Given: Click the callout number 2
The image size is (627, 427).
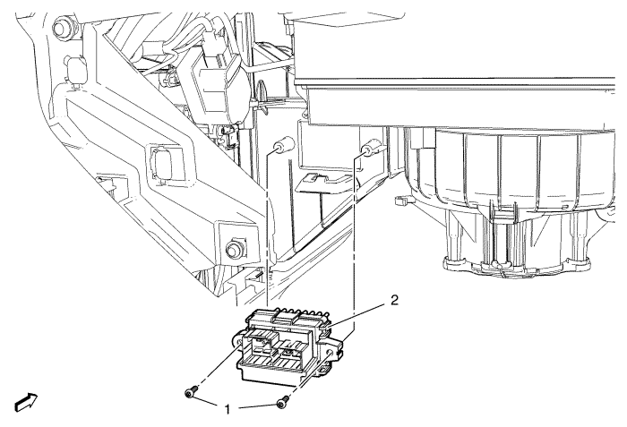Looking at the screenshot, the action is [394, 300].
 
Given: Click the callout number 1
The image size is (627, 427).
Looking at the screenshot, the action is [228, 410].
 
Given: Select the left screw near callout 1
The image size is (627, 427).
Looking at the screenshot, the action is [192, 392].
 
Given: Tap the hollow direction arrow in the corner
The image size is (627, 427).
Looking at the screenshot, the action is [26, 402].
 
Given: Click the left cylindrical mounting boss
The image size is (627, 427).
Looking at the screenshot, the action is [282, 146].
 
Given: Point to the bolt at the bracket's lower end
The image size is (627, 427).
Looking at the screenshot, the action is [235, 248].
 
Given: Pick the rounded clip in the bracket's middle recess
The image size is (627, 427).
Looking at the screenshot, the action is [160, 163].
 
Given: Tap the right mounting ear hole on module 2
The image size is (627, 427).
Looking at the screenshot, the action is [331, 353].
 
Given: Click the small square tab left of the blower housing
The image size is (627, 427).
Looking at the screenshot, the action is [399, 201].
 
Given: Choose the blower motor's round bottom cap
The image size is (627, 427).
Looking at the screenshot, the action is [516, 266].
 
